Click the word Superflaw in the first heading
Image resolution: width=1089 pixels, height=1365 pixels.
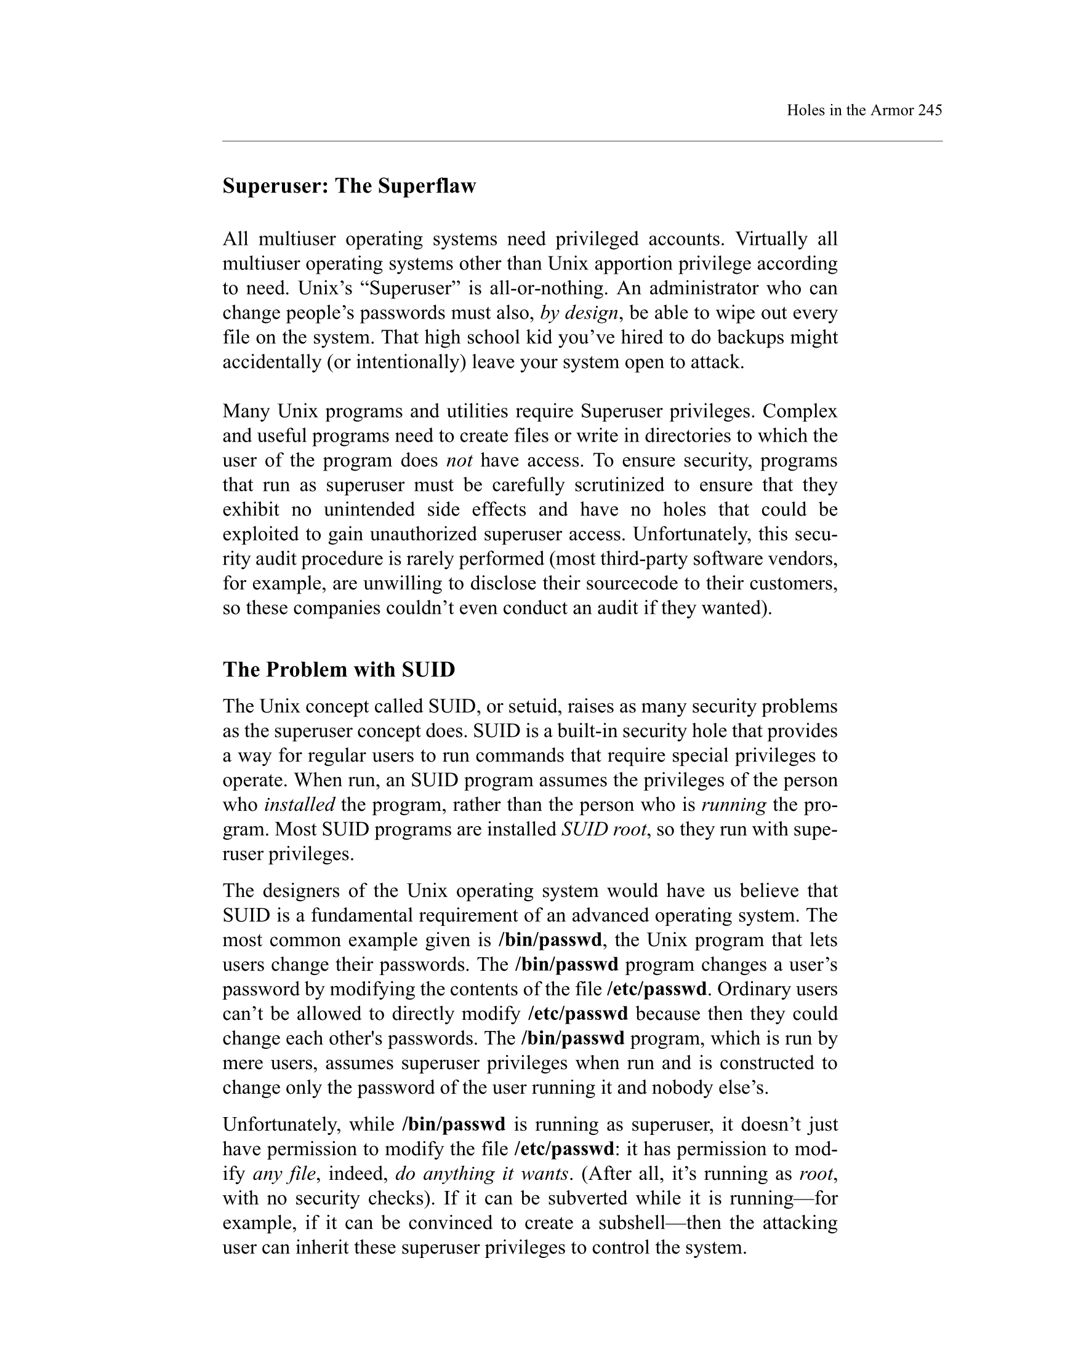tap(427, 186)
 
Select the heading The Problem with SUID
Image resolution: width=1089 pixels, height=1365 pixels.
tap(339, 670)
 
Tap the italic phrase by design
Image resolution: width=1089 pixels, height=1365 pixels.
tap(579, 313)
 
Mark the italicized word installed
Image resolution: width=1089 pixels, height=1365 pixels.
tap(299, 805)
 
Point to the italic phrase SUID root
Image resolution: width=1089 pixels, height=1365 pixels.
tap(605, 829)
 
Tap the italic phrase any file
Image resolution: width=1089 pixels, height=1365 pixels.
tap(284, 1173)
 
